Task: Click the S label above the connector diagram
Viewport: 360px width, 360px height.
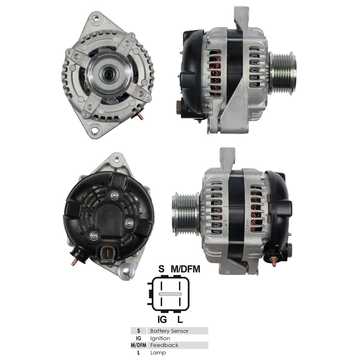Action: pos(162,269)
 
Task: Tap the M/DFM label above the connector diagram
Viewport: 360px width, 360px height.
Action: pos(185,269)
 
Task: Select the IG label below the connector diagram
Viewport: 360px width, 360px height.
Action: pos(162,319)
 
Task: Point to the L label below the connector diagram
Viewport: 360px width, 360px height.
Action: pos(181,319)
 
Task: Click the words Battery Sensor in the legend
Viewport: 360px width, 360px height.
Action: pos(169,330)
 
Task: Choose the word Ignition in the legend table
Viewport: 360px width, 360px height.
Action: pos(160,338)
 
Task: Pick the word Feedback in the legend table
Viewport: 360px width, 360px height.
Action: pos(164,345)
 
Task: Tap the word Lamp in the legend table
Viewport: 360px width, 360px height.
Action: pos(158,353)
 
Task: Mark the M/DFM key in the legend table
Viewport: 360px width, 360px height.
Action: pos(139,345)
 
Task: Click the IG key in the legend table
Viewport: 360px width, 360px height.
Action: pos(139,338)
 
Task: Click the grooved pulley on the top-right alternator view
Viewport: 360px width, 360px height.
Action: pos(283,73)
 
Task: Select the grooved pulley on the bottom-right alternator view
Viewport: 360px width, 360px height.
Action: pos(185,214)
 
